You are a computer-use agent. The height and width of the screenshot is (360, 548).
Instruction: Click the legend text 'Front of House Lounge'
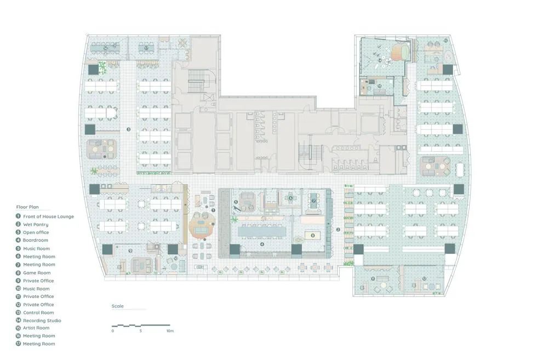(48, 216)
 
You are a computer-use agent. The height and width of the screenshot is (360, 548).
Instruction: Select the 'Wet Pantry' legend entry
(36, 225)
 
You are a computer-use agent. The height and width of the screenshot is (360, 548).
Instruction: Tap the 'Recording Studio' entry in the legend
(42, 321)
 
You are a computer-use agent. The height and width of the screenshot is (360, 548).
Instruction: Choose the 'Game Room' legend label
(37, 273)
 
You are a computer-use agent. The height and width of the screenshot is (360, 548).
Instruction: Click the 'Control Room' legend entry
(38, 312)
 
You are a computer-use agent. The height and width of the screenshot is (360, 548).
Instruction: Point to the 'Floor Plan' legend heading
(26, 208)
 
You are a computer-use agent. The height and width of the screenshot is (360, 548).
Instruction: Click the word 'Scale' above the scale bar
(118, 306)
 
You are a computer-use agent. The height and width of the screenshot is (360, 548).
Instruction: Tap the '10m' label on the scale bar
(170, 331)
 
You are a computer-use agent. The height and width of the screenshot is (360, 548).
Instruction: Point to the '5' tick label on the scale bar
(141, 331)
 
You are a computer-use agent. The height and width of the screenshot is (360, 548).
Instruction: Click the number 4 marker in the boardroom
(262, 244)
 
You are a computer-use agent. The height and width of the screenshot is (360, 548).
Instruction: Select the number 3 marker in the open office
(128, 130)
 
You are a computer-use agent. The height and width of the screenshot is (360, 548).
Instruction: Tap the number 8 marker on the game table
(312, 236)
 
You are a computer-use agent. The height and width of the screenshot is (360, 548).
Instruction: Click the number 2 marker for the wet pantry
(338, 229)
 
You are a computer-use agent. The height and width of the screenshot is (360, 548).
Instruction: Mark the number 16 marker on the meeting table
(105, 48)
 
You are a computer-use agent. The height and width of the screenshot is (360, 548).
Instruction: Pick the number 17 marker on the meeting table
(146, 48)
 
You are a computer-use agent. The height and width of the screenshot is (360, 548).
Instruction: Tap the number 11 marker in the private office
(373, 279)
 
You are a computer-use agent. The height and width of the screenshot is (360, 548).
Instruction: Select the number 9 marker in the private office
(130, 250)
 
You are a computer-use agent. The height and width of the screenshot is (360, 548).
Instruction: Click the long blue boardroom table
(262, 232)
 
